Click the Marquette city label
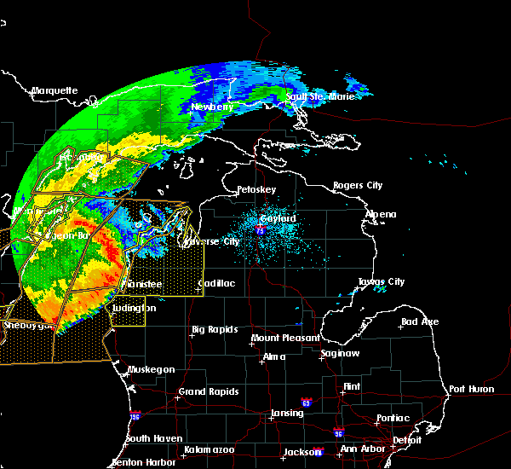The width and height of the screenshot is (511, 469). pyautogui.click(x=55, y=90)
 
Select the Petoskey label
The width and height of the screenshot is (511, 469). pyautogui.click(x=256, y=188)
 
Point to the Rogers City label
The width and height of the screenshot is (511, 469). pyautogui.click(x=358, y=185)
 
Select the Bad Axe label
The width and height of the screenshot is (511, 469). pyautogui.click(x=420, y=321)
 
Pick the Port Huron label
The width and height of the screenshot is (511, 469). pyautogui.click(x=471, y=389)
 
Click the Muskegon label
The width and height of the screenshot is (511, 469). pyautogui.click(x=151, y=369)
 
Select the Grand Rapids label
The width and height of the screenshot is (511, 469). pyautogui.click(x=208, y=392)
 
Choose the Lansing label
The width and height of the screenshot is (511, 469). pyautogui.click(x=287, y=413)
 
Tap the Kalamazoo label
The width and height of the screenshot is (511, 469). pyautogui.click(x=208, y=449)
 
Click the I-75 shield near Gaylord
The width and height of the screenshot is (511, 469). pyautogui.click(x=260, y=230)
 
